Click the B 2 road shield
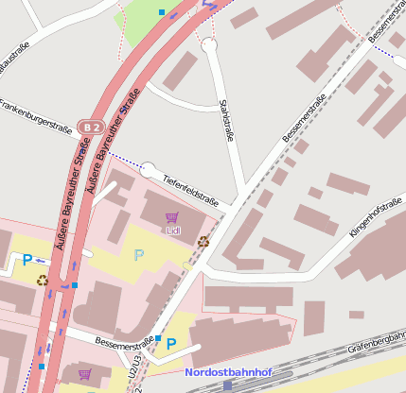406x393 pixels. click(91, 126)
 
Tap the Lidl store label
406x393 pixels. click(171, 230)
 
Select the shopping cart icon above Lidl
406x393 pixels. click(171, 217)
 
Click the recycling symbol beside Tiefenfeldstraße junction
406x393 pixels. click(203, 240)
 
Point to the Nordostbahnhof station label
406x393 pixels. click(226, 372)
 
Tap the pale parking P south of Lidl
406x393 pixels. click(139, 254)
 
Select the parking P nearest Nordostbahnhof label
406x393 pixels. click(171, 344)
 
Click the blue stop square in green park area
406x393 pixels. click(162, 12)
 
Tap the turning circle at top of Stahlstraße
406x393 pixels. click(209, 44)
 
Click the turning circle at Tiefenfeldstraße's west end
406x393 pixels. click(148, 170)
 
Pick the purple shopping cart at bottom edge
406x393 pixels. click(84, 375)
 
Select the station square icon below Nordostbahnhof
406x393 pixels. click(227, 385)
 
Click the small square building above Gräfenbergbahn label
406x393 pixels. click(356, 315)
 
